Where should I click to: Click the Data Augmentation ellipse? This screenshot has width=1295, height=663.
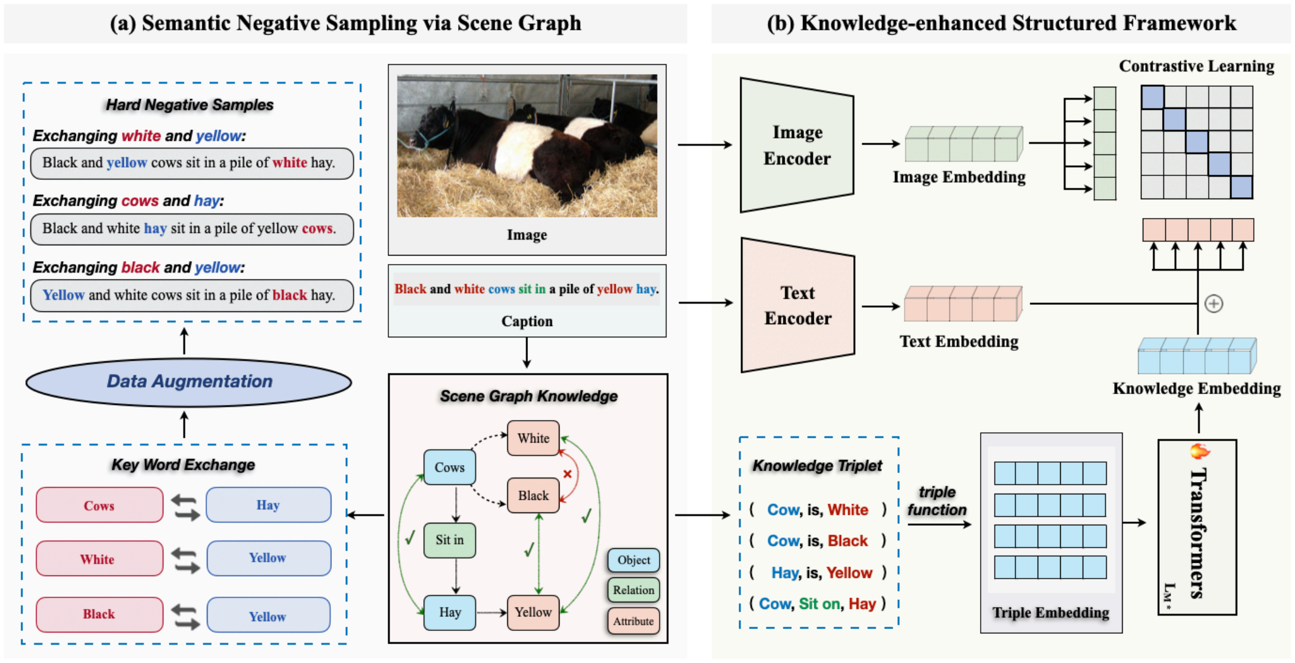pyautogui.click(x=189, y=382)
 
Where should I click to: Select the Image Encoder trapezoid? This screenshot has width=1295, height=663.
pyautogui.click(x=797, y=145)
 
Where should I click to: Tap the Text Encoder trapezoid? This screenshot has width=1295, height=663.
pyautogui.click(x=797, y=305)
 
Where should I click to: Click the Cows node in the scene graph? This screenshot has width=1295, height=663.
pyautogui.click(x=449, y=467)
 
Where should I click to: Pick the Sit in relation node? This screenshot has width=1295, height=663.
pyautogui.click(x=449, y=540)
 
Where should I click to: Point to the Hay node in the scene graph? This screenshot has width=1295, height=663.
pyautogui.click(x=450, y=612)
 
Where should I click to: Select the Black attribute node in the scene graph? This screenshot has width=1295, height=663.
pyautogui.click(x=533, y=495)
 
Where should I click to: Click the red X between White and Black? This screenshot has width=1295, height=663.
pyautogui.click(x=567, y=474)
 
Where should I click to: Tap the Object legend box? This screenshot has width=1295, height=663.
pyautogui.click(x=634, y=560)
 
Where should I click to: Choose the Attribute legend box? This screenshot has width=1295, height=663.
pyautogui.click(x=634, y=621)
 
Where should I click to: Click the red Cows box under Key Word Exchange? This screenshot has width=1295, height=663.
pyautogui.click(x=100, y=505)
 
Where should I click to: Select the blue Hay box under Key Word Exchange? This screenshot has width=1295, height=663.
pyautogui.click(x=268, y=505)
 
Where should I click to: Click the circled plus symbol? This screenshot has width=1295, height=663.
pyautogui.click(x=1214, y=304)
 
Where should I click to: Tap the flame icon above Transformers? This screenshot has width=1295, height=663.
pyautogui.click(x=1199, y=451)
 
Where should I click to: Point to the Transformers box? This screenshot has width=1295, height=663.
pyautogui.click(x=1197, y=527)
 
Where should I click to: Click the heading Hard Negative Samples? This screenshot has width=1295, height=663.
pyautogui.click(x=189, y=105)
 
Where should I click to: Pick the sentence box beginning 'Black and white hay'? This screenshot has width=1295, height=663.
pyautogui.click(x=192, y=229)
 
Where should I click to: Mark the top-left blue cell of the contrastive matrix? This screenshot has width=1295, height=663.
pyautogui.click(x=1152, y=97)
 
